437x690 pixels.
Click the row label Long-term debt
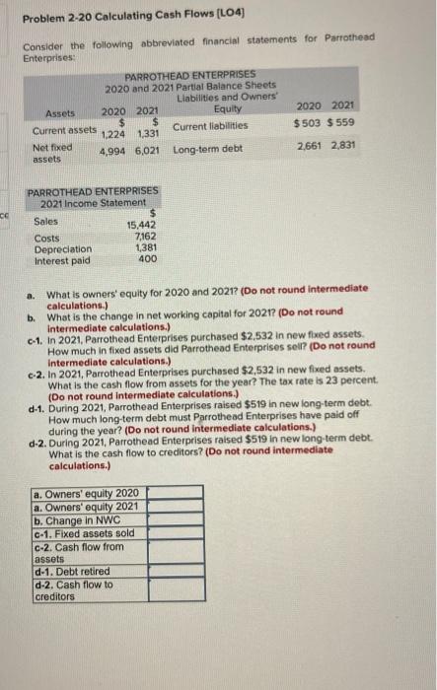[207, 149]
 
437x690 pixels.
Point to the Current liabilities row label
[208, 126]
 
